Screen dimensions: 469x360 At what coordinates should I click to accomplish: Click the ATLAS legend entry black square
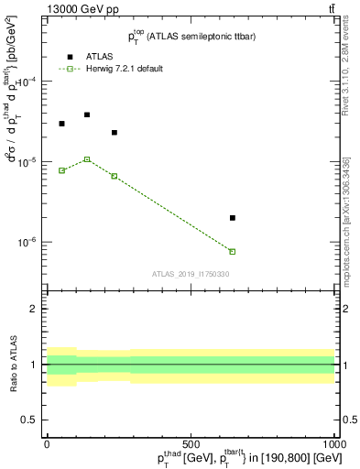[70, 57]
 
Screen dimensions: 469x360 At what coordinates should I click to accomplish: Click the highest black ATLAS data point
[87, 115]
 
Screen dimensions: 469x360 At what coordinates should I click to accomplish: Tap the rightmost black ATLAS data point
[233, 218]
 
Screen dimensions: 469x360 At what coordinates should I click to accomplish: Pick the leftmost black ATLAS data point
[61, 124]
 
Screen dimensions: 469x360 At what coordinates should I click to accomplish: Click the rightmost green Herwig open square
[233, 251]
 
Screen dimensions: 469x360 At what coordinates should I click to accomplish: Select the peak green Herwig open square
[87, 159]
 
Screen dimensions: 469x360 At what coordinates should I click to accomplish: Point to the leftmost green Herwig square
[61, 170]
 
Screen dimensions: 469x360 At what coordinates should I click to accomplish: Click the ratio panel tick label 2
[33, 310]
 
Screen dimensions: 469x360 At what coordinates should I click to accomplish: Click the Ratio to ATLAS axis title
[13, 364]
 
